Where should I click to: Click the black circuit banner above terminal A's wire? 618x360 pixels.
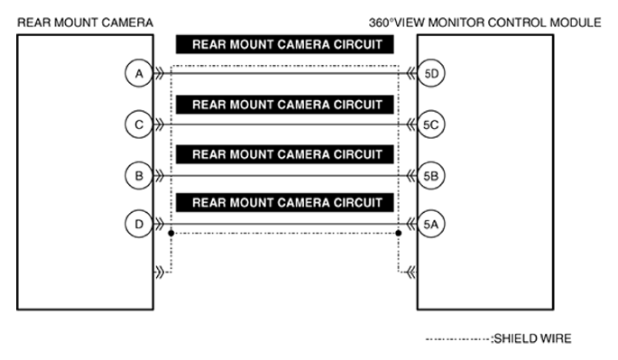click(x=284, y=44)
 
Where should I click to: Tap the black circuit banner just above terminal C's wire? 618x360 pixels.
click(x=284, y=105)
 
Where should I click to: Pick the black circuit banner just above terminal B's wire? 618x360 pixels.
click(x=284, y=154)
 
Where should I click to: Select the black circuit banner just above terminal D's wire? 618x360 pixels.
click(x=284, y=203)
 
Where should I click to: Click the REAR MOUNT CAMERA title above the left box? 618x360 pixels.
click(x=85, y=23)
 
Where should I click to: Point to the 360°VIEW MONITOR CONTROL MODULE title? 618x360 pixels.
click(x=484, y=23)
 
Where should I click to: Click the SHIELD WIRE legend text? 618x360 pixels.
click(x=532, y=338)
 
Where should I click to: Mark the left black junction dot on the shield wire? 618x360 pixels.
click(x=171, y=233)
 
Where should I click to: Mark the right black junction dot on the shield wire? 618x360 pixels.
click(x=399, y=233)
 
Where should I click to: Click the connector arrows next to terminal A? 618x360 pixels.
click(x=159, y=73)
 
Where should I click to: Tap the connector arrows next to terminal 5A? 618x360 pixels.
click(x=411, y=224)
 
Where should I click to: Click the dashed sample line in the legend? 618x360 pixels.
click(x=458, y=339)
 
